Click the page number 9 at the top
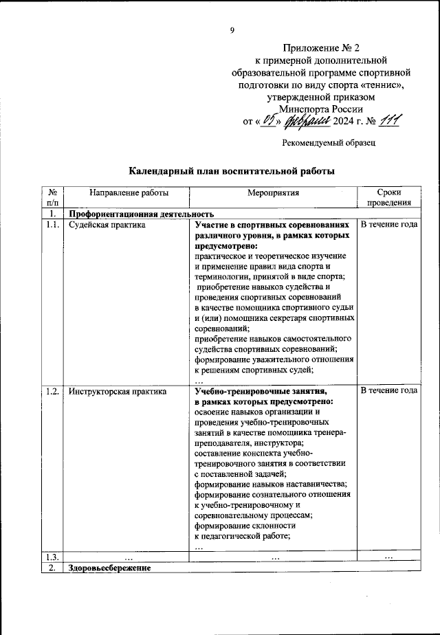tap(232, 29)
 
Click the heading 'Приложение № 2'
tap(322, 47)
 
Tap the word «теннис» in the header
tap(377, 85)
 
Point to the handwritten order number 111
tap(389, 121)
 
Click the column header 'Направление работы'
tap(119, 193)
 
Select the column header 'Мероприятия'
tap(274, 193)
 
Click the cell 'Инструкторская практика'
tap(118, 392)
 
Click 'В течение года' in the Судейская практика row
tap(389, 225)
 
